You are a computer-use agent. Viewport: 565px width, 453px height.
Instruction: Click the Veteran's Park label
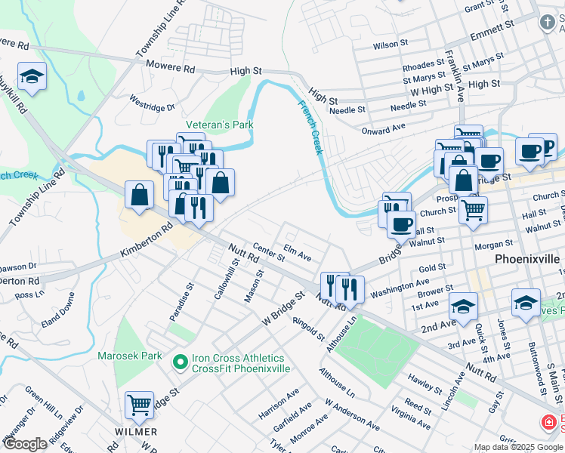tap(220, 125)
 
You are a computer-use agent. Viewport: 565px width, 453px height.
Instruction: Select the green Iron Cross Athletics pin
tap(180, 363)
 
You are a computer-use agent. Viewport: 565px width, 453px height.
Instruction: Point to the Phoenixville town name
tap(527, 259)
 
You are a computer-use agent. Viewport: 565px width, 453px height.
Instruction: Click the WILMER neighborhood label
tap(136, 432)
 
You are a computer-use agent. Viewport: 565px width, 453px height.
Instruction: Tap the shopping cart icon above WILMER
tap(139, 405)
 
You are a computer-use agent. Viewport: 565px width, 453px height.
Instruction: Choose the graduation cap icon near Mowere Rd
tap(32, 76)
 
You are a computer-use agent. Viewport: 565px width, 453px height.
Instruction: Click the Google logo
tap(24, 444)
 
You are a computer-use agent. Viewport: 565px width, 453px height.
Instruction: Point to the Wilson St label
tap(391, 45)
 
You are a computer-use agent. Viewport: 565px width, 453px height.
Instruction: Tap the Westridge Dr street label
tap(152, 102)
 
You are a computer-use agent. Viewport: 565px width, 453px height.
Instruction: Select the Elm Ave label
tap(297, 253)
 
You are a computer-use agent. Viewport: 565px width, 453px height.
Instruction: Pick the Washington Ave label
tap(400, 288)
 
